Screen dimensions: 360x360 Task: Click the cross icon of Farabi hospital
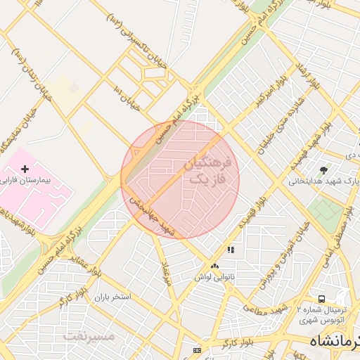coord(25,169)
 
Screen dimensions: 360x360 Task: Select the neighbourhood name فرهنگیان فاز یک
coord(207,171)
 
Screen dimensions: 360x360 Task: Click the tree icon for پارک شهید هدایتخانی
coord(323,170)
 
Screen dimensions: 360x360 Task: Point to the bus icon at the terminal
coord(321,299)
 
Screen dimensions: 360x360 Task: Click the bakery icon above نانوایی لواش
coord(214,266)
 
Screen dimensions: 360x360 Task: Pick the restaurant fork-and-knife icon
coord(230,250)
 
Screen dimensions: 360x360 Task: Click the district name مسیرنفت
coord(89,335)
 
